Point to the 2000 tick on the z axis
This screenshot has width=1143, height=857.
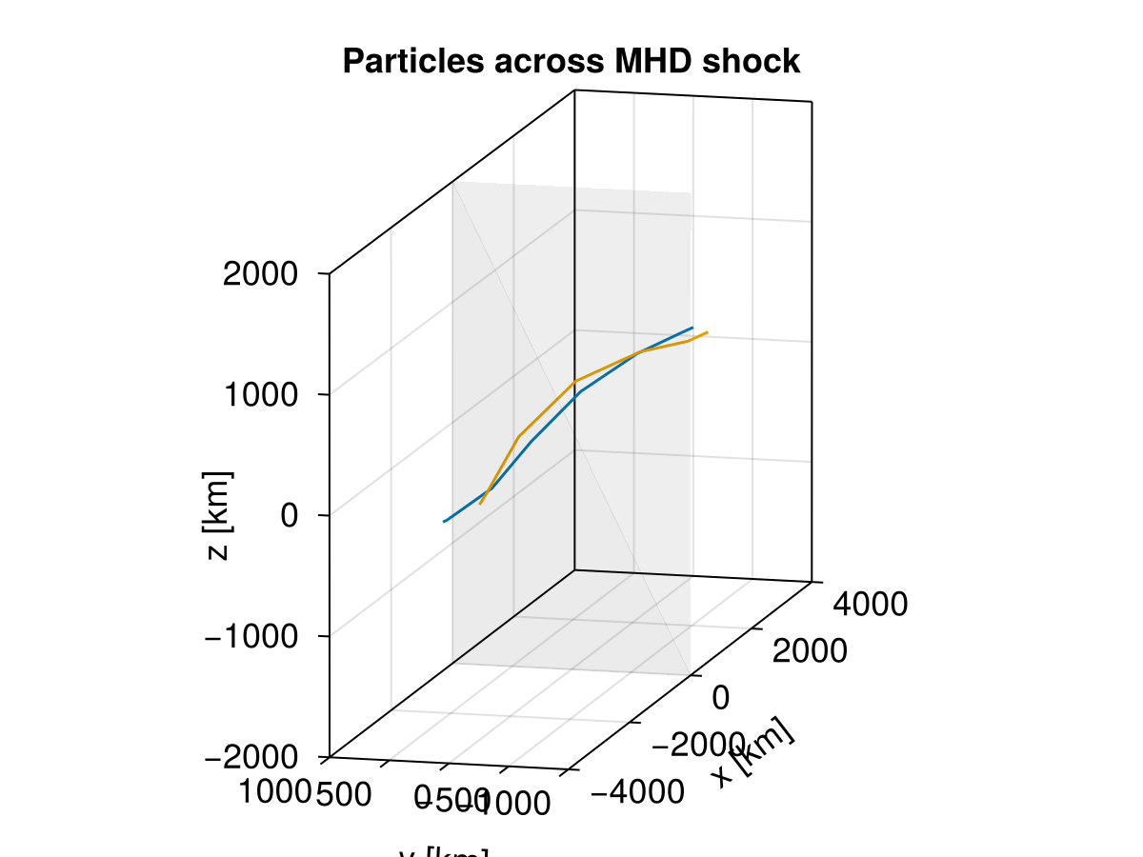point(260,275)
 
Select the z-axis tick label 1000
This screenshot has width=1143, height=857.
point(260,395)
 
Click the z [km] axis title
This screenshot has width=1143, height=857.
point(218,515)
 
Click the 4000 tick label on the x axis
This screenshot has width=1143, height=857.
point(871,604)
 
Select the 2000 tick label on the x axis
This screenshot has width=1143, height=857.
point(810,650)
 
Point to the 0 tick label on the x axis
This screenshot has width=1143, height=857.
point(721,698)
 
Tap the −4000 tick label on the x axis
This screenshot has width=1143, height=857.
point(636,791)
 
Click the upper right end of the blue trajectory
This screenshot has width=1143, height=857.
point(692,327)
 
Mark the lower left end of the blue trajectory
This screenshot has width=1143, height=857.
point(444,522)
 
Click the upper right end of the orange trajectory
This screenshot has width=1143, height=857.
point(707,332)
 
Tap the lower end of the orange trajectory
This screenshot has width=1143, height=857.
point(480,503)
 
